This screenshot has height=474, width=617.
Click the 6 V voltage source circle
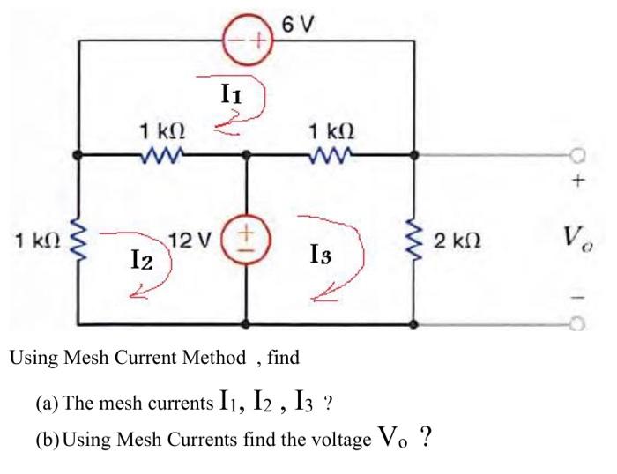coord(247,41)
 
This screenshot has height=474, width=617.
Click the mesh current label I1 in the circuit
coord(232,89)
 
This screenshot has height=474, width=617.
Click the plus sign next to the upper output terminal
coord(578,181)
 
